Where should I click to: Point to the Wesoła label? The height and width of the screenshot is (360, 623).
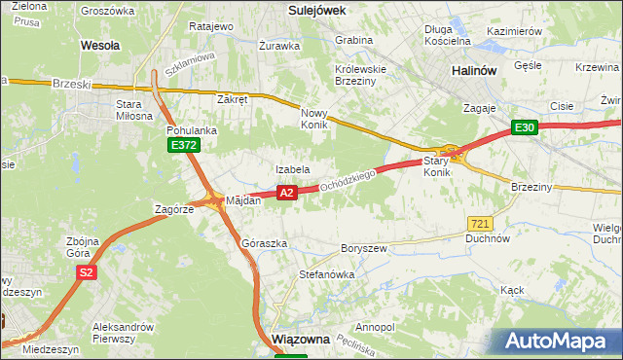click(x=100, y=45)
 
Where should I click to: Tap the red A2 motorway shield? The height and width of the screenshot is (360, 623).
click(x=286, y=193)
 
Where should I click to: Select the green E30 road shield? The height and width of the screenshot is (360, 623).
click(x=525, y=127)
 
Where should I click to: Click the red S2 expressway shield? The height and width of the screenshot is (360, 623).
click(x=87, y=273)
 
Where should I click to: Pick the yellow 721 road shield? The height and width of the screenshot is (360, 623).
click(x=478, y=224)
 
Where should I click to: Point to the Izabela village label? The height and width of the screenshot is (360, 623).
click(x=292, y=169)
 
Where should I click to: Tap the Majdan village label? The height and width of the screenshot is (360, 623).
click(x=243, y=200)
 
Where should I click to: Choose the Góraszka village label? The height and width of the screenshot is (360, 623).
click(x=264, y=243)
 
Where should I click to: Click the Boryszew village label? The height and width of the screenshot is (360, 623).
click(x=365, y=248)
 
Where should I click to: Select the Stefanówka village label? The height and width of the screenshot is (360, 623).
click(x=326, y=274)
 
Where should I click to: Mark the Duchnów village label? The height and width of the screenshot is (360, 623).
click(x=488, y=237)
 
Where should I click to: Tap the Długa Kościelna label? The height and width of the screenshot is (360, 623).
click(x=448, y=35)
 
